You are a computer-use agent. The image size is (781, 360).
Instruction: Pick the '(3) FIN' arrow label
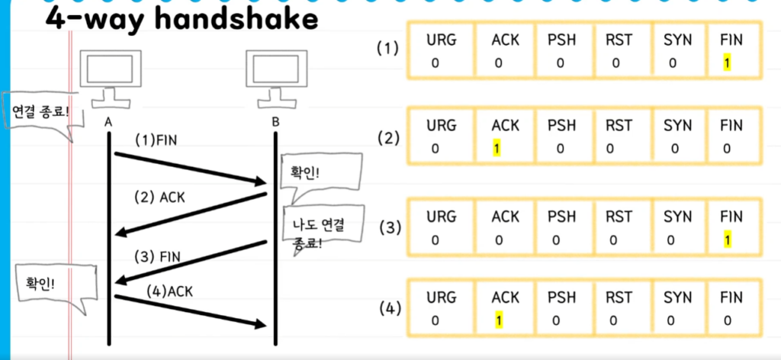(157, 256)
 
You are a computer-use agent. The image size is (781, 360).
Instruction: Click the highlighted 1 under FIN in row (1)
(728, 63)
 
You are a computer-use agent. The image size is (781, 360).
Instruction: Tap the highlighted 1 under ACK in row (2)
(497, 148)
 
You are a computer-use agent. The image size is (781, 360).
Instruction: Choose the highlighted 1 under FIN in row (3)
(728, 240)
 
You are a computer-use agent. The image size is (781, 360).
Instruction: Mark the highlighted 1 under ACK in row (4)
(497, 321)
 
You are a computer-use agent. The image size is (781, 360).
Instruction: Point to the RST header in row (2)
(619, 125)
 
